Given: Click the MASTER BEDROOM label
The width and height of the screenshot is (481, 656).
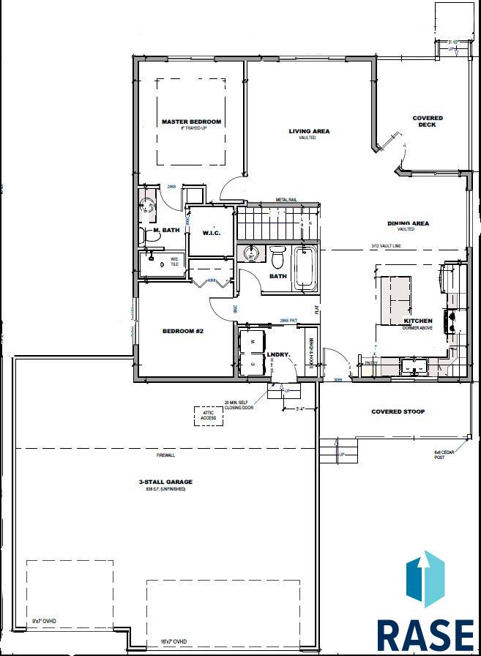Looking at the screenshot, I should point(191,122).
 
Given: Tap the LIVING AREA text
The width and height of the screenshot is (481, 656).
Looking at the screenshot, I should point(309,132).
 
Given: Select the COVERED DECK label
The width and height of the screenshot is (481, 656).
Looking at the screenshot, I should point(428,122).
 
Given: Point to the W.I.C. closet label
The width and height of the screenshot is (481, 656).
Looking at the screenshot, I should point(212,234).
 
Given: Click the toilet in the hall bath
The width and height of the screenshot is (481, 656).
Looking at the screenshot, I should point(277,258).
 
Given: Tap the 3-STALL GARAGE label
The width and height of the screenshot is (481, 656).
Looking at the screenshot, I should point(165,482).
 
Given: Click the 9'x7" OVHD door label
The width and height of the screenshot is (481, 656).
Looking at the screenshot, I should point(44,622).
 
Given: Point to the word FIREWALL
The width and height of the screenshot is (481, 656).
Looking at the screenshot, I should point(165,455).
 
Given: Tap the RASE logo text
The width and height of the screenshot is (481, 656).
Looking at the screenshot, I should point(425,634).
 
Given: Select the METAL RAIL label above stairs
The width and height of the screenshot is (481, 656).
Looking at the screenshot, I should point(286,199).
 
